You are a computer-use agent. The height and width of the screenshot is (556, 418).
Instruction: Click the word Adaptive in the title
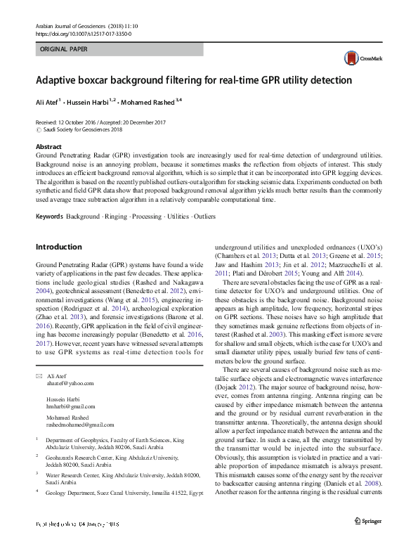coord(61,80)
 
